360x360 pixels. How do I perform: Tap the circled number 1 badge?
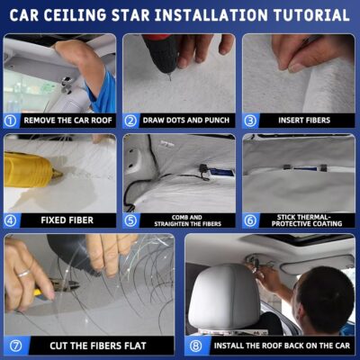[x=11, y=120]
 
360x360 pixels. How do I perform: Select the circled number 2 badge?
[x=130, y=120]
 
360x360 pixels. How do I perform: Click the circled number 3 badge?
[x=250, y=120]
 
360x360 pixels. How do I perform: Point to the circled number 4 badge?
[x=11, y=220]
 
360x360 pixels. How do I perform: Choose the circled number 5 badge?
[x=130, y=220]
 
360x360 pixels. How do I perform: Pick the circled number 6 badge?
[x=250, y=220]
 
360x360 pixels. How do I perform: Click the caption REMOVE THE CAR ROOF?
[x=67, y=120]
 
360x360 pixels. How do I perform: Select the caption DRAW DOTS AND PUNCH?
[x=187, y=120]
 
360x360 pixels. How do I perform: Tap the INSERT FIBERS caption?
[x=306, y=120]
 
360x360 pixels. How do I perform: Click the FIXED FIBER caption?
[x=67, y=220]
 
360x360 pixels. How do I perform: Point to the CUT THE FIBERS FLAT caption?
[x=99, y=345]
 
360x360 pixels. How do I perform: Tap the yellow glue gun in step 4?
[x=27, y=167]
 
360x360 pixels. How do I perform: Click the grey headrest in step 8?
[x=225, y=288]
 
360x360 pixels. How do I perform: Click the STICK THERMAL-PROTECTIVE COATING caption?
[x=306, y=220]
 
